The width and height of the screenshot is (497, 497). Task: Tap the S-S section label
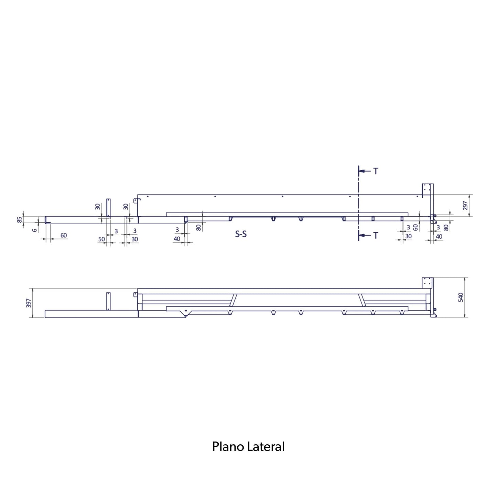tap(241, 234)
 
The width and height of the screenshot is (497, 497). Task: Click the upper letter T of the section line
tap(376, 171)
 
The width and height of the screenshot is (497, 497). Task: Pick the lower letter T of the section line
tap(376, 235)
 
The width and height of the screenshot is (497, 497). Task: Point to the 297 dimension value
tap(465, 206)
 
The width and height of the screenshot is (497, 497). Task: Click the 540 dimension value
tap(461, 298)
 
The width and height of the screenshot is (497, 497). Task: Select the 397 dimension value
tap(29, 303)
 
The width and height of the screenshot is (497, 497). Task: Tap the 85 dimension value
tap(20, 220)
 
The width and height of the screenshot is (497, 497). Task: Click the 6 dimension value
tap(35, 230)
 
